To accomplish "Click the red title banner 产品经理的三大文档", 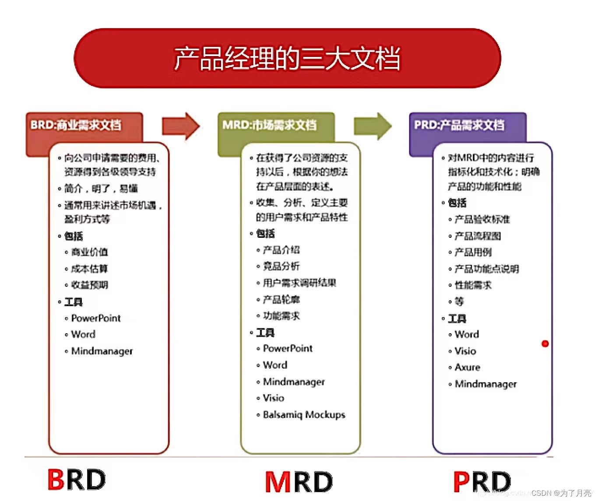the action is tap(287, 58).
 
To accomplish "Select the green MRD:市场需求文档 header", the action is tap(269, 125).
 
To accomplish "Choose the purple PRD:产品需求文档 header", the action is tap(459, 125).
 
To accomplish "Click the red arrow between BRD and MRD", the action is tap(180, 126).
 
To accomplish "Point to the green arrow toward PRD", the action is tap(373, 126).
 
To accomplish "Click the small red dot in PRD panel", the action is tap(545, 344).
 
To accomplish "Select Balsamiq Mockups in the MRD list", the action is tap(304, 415).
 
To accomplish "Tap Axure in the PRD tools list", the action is tap(467, 367).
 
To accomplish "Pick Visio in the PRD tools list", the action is tap(465, 351).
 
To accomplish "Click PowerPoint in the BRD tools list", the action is tap(95, 318).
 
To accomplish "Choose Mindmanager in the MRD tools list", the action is tap(294, 382).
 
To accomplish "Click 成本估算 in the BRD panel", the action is tap(89, 268).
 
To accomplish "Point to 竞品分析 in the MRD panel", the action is tap(281, 266).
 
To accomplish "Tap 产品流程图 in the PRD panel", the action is tap(478, 236).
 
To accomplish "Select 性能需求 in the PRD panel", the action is tap(473, 285).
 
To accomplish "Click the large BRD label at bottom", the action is tap(77, 480).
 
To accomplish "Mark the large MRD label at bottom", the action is tap(299, 482).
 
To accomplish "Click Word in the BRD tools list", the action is tap(83, 335).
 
